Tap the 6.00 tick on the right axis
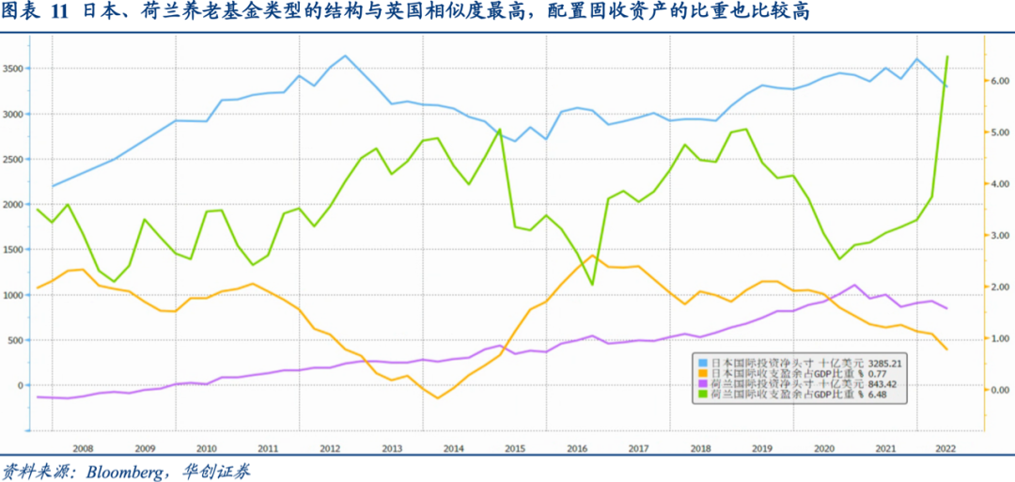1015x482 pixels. tap(997, 81)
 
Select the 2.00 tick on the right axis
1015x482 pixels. tap(997, 287)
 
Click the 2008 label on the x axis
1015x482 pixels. tap(82, 449)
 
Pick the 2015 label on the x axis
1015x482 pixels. tap(514, 449)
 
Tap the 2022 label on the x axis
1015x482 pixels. tap(945, 449)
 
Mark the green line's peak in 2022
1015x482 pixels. tap(946, 56)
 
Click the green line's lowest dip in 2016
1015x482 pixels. tap(591, 284)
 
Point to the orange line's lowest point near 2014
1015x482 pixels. tap(437, 398)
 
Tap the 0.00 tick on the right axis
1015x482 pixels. tap(997, 389)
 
